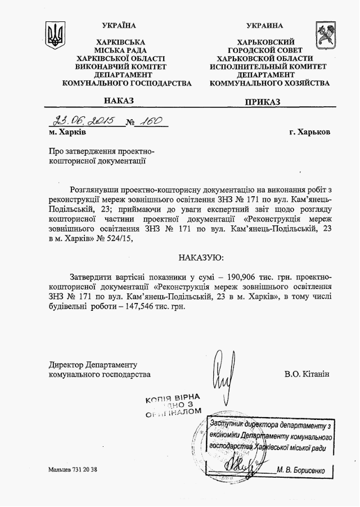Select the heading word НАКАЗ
119,101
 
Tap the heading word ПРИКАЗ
262,102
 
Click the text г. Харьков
310,132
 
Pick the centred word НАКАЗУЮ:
201,257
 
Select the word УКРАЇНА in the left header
119,25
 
